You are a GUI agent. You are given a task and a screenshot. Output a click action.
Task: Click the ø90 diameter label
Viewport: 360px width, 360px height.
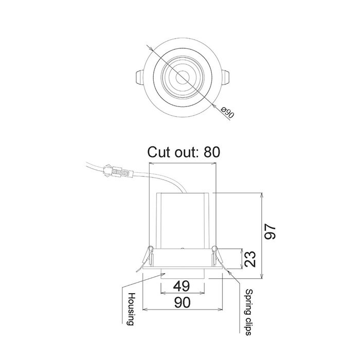tap(227, 112)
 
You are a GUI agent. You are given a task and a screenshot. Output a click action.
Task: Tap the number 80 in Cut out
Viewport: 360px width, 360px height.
tap(212, 152)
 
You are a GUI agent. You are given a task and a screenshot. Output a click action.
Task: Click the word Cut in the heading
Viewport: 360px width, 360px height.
tap(159, 152)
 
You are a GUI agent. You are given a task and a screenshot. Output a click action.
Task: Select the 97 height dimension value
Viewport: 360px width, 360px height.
tap(270, 232)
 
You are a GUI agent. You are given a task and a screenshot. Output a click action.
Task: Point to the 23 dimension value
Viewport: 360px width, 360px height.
tap(250, 259)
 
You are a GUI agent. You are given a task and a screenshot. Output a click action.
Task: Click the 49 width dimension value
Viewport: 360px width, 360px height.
tap(182, 286)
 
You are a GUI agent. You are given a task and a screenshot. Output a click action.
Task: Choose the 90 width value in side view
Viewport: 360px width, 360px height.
tap(182, 302)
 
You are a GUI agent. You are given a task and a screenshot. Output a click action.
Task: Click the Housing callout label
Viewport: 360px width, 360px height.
tap(131, 309)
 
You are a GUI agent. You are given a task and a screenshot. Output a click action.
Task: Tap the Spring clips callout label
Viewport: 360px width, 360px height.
tap(248, 312)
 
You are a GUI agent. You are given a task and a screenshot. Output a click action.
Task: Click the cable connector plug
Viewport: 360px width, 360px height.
tap(118, 171)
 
